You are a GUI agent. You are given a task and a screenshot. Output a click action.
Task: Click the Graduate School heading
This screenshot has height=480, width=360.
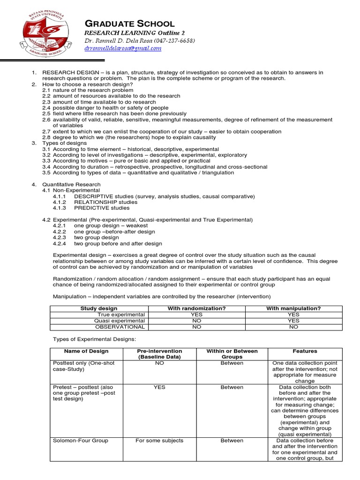click(x=129, y=23)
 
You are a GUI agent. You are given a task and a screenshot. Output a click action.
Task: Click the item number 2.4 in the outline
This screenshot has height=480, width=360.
click(x=46, y=108)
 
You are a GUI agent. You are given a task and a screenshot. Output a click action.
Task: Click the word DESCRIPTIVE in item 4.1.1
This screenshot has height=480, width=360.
click(x=90, y=196)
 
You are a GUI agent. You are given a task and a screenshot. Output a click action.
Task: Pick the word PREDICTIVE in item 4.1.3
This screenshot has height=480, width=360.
click(x=90, y=208)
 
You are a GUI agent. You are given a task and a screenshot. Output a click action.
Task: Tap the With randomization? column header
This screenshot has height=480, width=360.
click(x=196, y=308)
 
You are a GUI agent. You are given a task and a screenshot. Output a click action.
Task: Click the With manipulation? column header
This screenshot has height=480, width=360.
click(x=293, y=308)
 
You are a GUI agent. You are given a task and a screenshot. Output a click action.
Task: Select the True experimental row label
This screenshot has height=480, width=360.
click(x=121, y=315)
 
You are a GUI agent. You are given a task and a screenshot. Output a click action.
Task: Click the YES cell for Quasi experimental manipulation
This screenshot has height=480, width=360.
click(x=293, y=321)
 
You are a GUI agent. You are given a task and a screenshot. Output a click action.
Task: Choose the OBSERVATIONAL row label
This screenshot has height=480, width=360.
click(x=120, y=327)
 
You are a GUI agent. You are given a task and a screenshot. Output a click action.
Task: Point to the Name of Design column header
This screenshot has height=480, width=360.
click(x=86, y=351)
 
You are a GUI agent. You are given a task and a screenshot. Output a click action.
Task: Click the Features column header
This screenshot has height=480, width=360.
click(x=305, y=351)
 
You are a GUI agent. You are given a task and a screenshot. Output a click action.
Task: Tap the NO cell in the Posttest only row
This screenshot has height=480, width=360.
click(x=159, y=363)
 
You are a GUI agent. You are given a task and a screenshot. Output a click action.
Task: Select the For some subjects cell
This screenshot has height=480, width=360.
click(x=159, y=441)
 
